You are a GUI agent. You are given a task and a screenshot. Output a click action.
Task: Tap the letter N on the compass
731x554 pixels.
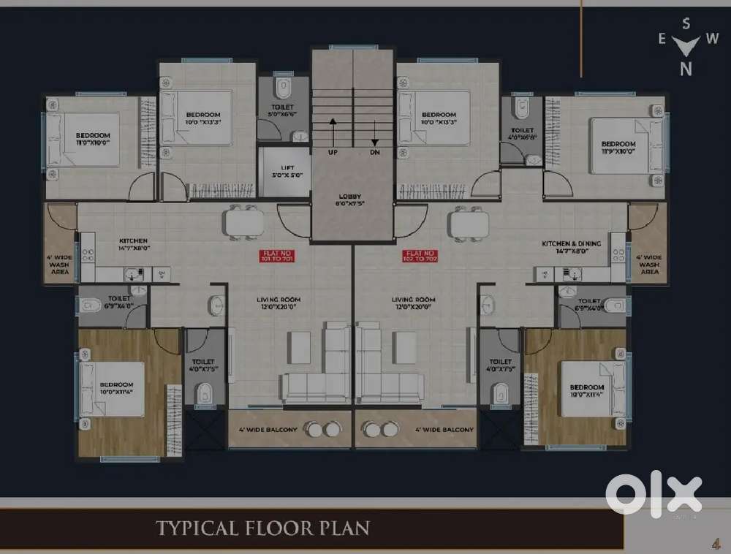click(x=686, y=69)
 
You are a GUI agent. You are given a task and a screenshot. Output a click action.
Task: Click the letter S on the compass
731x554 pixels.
click(x=686, y=23)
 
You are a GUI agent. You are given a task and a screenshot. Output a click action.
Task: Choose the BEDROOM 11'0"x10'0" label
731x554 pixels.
click(x=93, y=139)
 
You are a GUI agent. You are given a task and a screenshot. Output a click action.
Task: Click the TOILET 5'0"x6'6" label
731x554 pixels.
click(x=283, y=110)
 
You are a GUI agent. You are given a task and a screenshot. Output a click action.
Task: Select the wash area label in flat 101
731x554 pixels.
click(x=59, y=265)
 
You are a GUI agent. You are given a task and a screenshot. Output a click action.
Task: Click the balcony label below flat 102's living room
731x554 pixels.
click(x=444, y=430)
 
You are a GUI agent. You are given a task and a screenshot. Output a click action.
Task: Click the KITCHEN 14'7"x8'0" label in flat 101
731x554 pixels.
click(x=134, y=244)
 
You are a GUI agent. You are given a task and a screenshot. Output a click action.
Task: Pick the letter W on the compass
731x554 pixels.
click(x=711, y=39)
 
